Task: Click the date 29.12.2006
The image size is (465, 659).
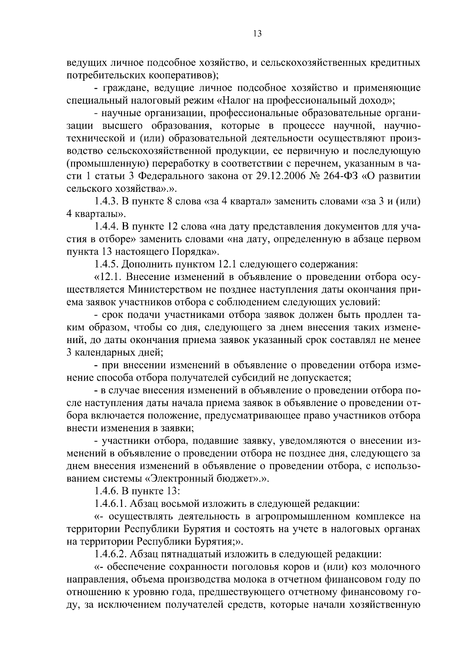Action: pyautogui.click(x=284, y=176)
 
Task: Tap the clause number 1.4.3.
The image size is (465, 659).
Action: pyautogui.click(x=107, y=201)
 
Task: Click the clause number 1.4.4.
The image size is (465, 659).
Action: pyautogui.click(x=107, y=227)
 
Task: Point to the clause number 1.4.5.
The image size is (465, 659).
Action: pyautogui.click(x=107, y=265)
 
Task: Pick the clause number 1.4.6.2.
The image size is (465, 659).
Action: pyautogui.click(x=110, y=555)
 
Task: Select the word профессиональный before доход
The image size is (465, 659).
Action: pyautogui.click(x=310, y=100)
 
